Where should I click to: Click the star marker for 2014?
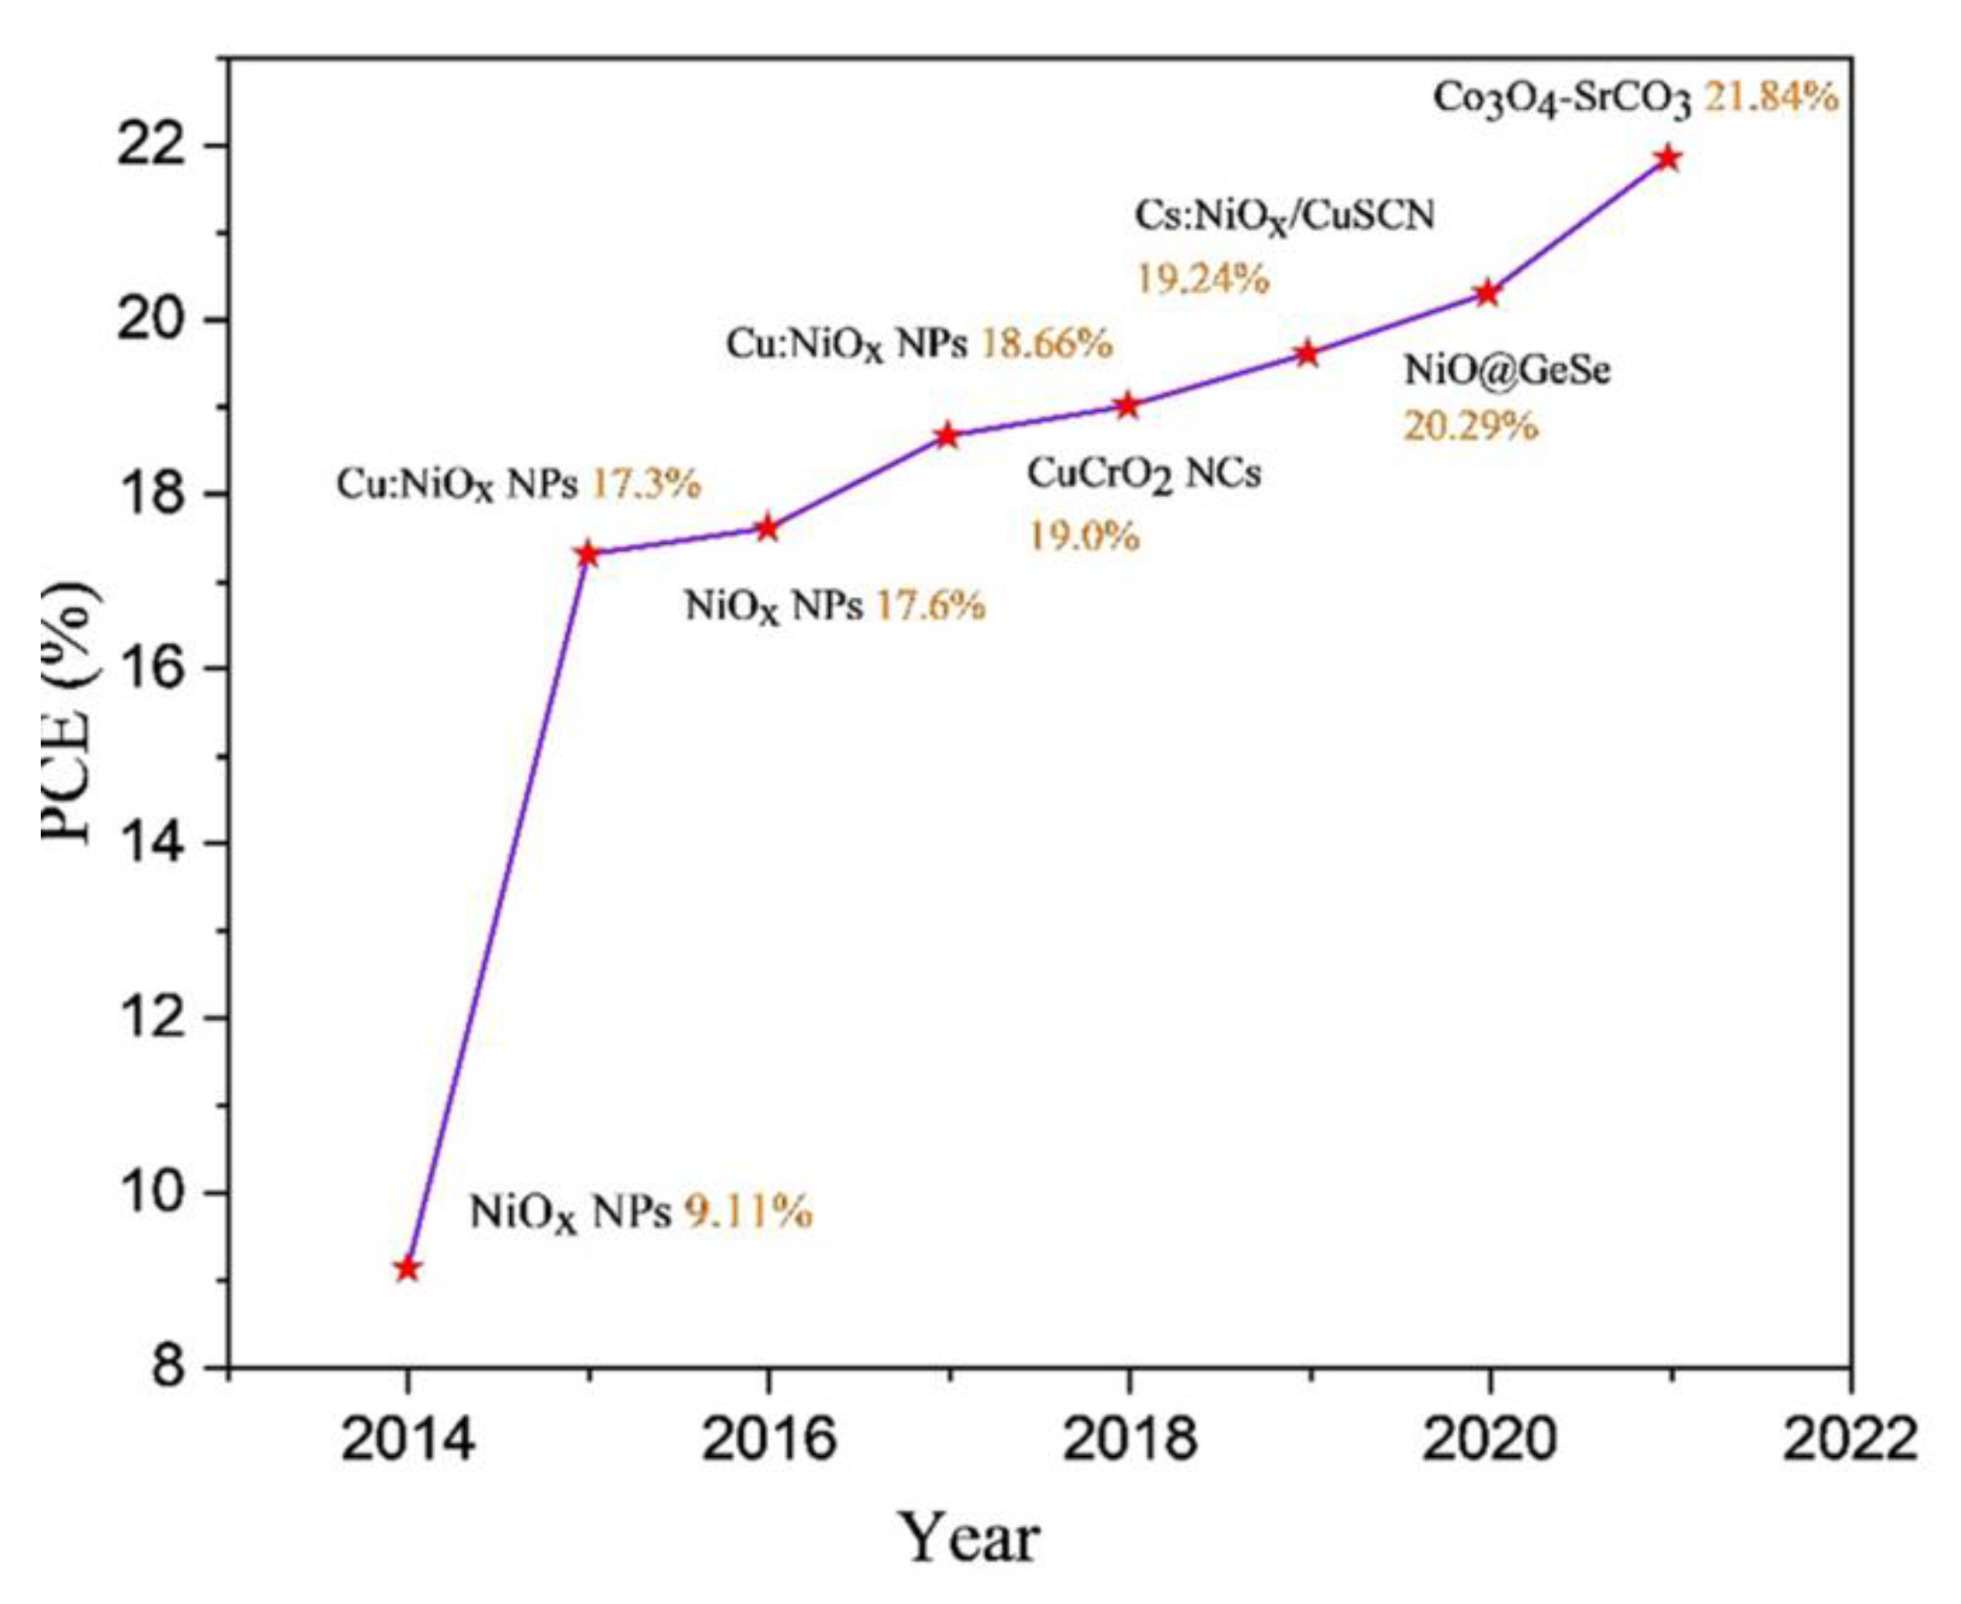[407, 1268]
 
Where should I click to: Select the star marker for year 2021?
[1668, 158]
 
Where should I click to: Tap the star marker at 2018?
[1128, 405]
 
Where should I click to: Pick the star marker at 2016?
[767, 528]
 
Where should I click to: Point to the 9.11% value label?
[748, 1212]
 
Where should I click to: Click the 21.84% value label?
[1771, 96]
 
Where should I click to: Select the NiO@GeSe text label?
[1508, 370]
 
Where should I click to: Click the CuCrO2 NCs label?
[1144, 475]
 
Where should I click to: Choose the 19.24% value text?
[1201, 277]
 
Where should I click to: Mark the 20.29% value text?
[1470, 426]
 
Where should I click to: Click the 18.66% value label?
[1046, 344]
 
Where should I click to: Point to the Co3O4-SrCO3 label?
[1562, 99]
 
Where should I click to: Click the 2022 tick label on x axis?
[1849, 1440]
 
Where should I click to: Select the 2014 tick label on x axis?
[407, 1440]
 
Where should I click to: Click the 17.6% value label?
[930, 606]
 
